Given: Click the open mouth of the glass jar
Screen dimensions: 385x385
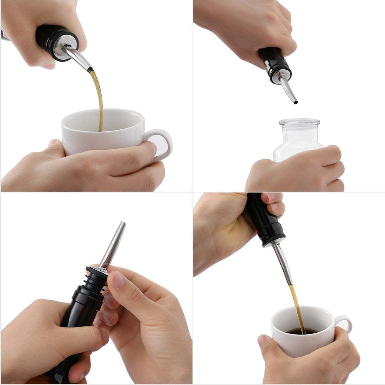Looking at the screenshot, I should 300,122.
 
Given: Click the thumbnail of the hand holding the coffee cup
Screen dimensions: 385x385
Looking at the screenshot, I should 262,340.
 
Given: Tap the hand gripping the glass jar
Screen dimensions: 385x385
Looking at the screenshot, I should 300,169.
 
